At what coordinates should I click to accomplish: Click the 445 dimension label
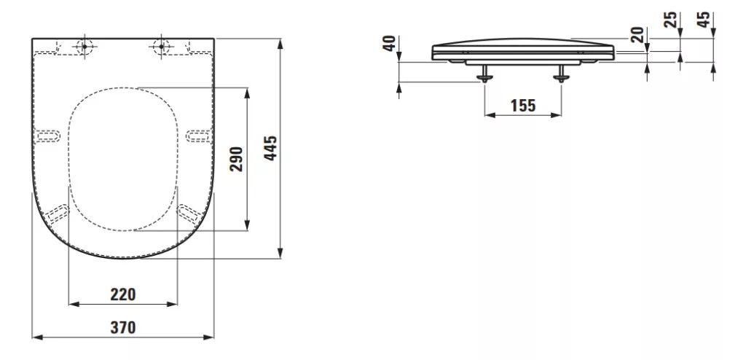(x=270, y=148)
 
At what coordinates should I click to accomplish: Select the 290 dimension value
(x=237, y=159)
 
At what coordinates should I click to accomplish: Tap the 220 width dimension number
(x=123, y=294)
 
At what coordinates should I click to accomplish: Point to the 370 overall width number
(x=123, y=328)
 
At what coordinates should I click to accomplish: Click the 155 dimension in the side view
(x=523, y=105)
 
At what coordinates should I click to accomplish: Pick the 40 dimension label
(x=390, y=43)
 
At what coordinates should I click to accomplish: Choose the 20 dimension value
(x=637, y=34)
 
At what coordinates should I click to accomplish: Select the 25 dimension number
(x=670, y=20)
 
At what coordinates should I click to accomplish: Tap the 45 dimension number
(x=704, y=20)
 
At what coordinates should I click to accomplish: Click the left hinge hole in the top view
(x=85, y=46)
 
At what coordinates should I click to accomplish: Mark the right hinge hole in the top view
(x=161, y=46)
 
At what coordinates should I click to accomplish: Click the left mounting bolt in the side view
(x=484, y=72)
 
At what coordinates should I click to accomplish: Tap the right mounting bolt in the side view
(x=562, y=72)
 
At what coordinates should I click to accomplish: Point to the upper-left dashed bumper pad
(x=49, y=136)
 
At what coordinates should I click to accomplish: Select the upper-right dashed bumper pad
(x=198, y=136)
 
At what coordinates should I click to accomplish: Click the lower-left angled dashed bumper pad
(x=58, y=213)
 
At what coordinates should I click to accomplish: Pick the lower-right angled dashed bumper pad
(x=188, y=213)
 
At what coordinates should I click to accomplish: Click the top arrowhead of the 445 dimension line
(x=280, y=43)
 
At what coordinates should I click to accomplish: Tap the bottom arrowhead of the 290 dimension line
(x=247, y=224)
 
